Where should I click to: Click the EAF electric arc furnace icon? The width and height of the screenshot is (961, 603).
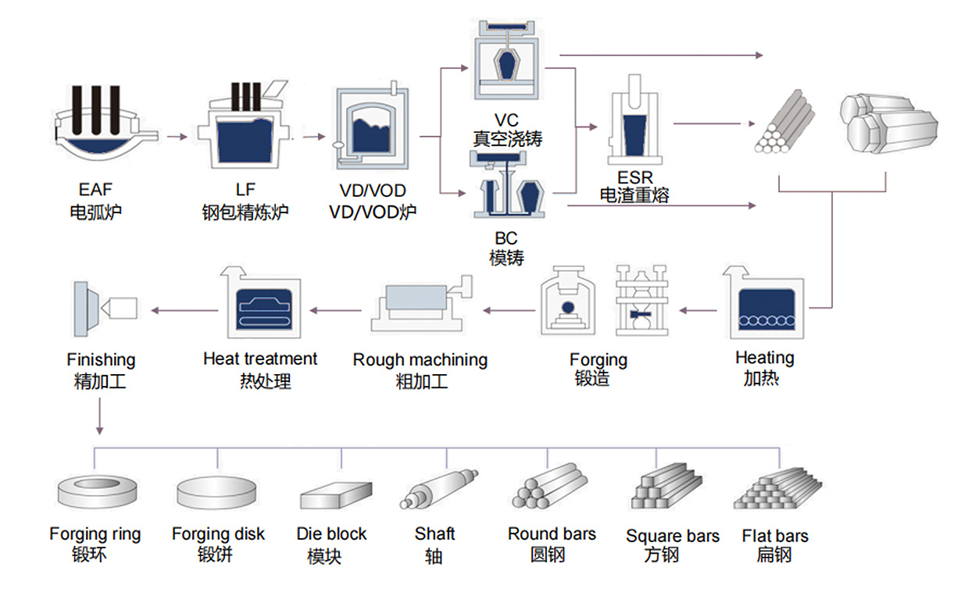coord(105,123)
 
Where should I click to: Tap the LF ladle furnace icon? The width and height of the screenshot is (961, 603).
coord(244,125)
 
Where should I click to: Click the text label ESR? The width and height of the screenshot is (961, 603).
coord(635,177)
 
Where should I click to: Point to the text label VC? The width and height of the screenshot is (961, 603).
coord(506,120)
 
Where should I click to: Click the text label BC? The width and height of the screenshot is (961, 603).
coord(506,238)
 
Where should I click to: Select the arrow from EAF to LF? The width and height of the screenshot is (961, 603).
coord(177,137)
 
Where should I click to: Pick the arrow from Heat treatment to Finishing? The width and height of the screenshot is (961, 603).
coord(185,311)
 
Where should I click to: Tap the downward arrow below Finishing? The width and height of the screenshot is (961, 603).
coord(100,416)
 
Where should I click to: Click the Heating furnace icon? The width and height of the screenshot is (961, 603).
coord(764,302)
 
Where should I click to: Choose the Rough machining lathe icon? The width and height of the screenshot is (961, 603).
coord(421,303)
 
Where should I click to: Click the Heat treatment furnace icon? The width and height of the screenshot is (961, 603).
coord(261,302)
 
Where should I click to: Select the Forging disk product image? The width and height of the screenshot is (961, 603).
coord(216,493)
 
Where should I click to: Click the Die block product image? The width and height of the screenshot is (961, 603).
coord(336,495)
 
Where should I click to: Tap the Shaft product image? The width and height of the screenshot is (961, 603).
coord(439,489)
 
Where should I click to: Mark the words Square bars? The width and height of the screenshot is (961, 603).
coord(673,536)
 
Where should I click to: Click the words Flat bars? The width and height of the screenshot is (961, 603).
coord(775,536)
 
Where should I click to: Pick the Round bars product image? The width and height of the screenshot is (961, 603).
coord(550,487)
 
